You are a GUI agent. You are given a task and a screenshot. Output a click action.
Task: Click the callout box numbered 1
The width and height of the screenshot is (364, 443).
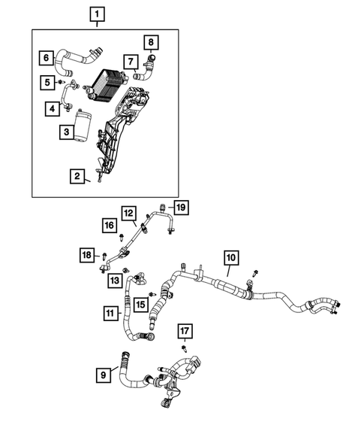point(98,14)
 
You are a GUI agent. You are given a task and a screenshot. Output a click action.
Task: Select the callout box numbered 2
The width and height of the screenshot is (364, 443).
point(77,177)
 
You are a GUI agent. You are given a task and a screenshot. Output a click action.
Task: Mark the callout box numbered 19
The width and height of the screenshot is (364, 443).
point(180,206)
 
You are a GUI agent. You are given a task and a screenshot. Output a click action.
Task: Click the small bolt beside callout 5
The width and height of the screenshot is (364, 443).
point(65,82)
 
